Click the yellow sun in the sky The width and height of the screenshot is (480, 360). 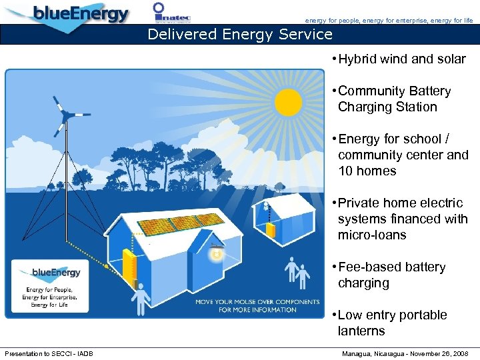coord(289,102)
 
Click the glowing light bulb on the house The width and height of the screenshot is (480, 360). coord(216,255)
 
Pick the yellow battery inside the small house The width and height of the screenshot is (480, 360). coord(271,229)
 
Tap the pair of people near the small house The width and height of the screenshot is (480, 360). coord(297,273)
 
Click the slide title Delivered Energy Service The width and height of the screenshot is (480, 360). coord(239,34)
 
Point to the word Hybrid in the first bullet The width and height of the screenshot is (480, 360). coord(358,59)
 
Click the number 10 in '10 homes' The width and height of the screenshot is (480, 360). coord(346,171)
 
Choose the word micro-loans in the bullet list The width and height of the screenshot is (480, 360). coord(372,235)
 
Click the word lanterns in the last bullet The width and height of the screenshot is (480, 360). coord(361,331)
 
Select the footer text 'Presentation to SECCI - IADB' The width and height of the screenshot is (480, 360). coord(49,353)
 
